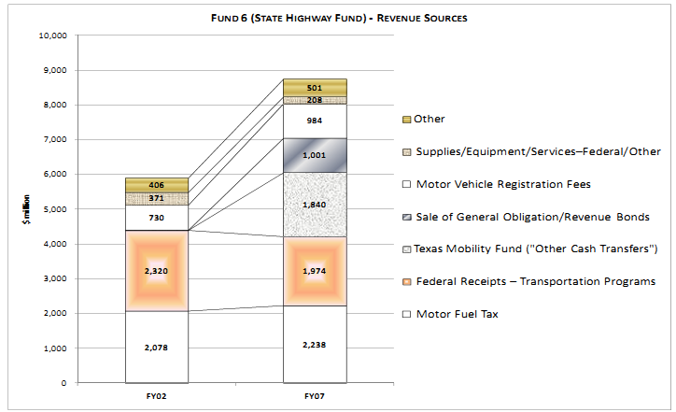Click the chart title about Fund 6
(338, 17)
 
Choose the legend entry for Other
(430, 119)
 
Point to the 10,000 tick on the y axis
(51, 36)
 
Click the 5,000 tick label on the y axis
(54, 209)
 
